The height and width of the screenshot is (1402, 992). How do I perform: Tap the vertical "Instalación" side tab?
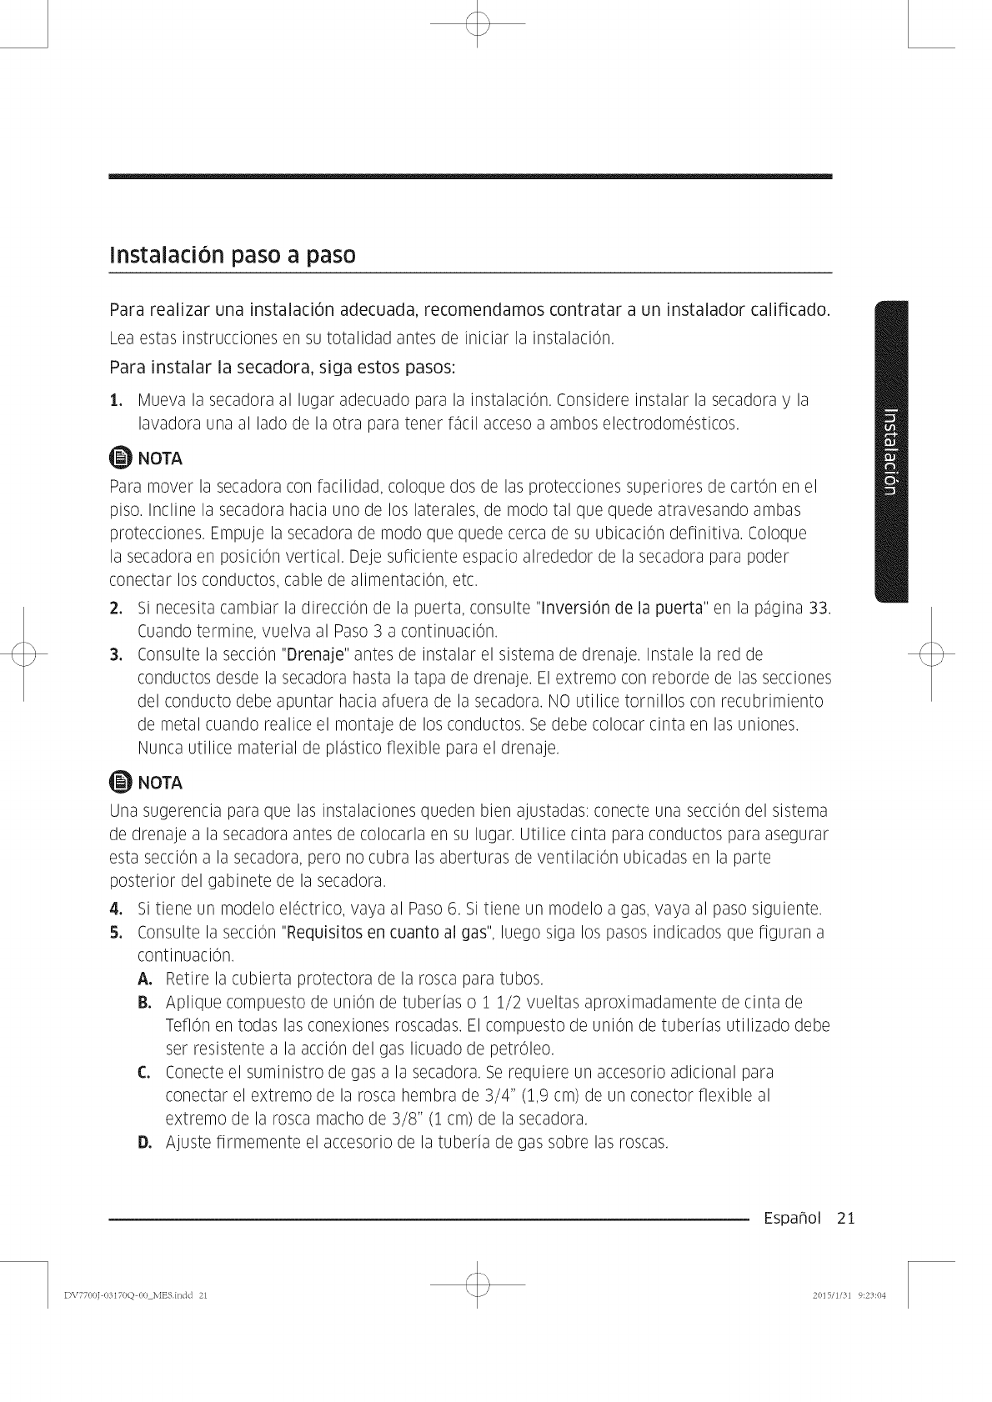point(889,450)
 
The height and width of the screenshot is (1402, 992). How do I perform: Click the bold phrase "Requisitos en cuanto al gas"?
point(384,931)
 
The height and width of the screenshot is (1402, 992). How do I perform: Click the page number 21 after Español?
point(846,1219)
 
